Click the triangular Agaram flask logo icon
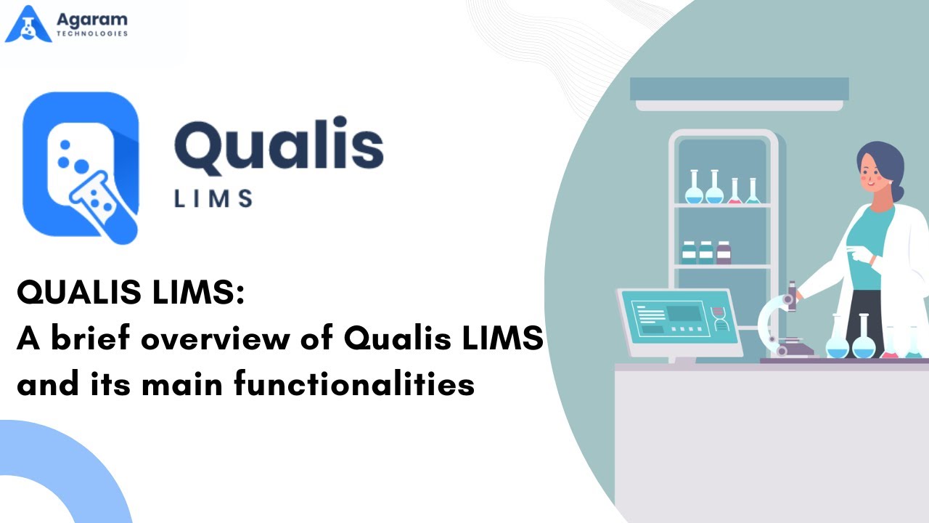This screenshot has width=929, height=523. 28,24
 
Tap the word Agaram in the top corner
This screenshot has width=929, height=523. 91,20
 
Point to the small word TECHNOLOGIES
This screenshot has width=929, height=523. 91,33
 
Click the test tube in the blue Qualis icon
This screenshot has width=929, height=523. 104,207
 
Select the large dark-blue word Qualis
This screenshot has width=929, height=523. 279,145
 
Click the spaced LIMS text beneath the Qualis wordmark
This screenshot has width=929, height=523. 213,198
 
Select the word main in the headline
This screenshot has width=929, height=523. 182,384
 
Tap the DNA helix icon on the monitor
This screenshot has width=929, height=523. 719,318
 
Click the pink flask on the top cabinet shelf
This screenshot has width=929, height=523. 735,191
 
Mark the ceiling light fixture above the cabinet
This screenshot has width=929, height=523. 740,94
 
